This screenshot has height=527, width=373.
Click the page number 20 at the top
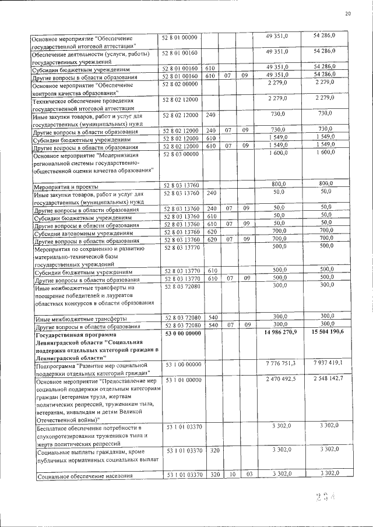[x=348, y=13]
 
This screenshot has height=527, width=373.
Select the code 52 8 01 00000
[x=181, y=37]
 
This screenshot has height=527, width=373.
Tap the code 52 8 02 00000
[x=181, y=84]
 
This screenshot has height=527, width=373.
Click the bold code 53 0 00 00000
[x=182, y=333]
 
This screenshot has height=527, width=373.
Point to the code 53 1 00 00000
[x=181, y=364]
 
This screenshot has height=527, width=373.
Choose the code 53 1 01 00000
[x=181, y=380]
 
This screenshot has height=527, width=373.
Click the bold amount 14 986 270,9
[x=277, y=333]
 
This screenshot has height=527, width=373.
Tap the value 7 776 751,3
[x=278, y=363]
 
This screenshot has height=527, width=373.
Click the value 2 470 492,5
[x=278, y=379]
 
